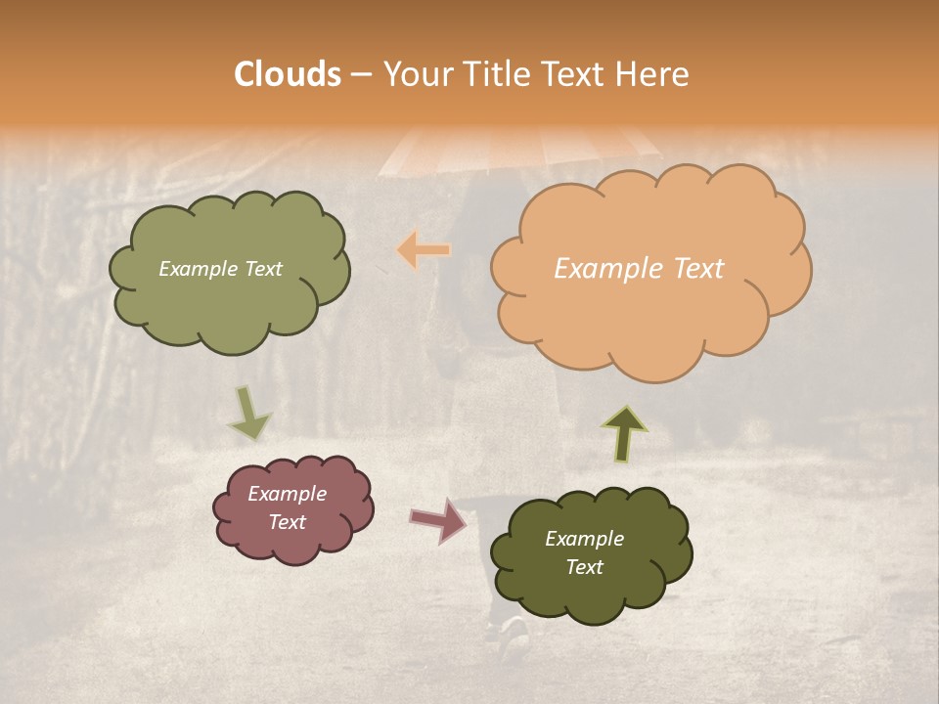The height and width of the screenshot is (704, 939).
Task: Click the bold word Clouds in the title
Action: pos(288,74)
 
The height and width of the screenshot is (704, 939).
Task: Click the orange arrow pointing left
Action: pos(424,249)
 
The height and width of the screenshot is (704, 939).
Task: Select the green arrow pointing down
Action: pos(249,414)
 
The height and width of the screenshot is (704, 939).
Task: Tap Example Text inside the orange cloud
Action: pos(639,269)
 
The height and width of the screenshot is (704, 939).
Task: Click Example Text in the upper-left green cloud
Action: pos(220,269)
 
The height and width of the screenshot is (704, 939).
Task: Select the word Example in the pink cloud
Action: pos(288,494)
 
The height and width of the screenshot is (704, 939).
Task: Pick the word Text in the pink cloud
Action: pos(288,522)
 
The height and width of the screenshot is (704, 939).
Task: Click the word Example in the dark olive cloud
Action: pos(584,539)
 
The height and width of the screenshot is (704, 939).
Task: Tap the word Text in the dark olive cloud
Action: pos(584,567)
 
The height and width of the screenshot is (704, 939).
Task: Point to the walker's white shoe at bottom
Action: pos(513,637)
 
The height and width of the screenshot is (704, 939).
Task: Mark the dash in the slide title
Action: pos(360,75)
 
